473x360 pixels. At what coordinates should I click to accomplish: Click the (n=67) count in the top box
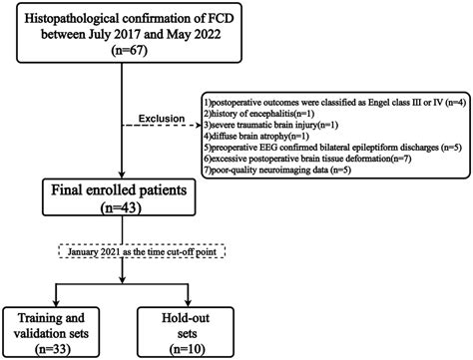[x=121, y=53]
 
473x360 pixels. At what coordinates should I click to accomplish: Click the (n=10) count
[x=186, y=346]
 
